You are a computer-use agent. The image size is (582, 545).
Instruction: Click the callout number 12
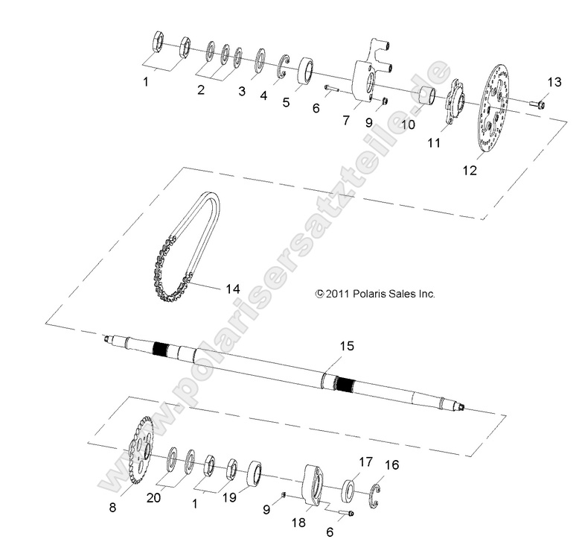tap(469, 171)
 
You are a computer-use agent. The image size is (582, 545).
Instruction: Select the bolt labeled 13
tap(538, 104)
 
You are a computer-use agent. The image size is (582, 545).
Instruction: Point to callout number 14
tap(233, 288)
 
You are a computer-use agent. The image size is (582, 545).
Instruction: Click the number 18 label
tap(298, 524)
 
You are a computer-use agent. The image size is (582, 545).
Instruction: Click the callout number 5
tap(286, 103)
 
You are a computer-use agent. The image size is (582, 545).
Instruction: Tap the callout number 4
tap(263, 95)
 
